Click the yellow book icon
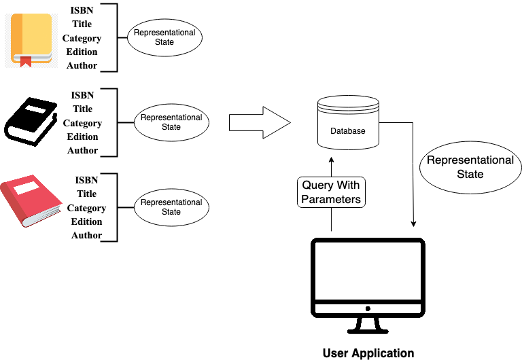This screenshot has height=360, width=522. tap(31, 40)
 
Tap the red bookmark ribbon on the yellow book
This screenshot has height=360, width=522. tap(25, 62)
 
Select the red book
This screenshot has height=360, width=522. tap(30, 201)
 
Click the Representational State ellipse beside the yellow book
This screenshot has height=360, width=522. tap(164, 37)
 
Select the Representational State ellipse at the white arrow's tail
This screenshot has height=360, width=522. tap(171, 122)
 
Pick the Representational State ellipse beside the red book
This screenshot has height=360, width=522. tap(171, 207)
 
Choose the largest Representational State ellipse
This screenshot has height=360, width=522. tap(470, 167)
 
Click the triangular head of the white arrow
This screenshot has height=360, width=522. tap(275, 122)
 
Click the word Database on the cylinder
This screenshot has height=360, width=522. tap(347, 131)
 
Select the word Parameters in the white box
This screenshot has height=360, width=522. tap(331, 199)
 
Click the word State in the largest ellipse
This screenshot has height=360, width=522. tap(470, 175)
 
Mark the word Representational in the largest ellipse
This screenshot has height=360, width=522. tap(470, 160)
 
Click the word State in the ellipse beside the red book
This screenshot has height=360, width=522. tap(171, 212)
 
